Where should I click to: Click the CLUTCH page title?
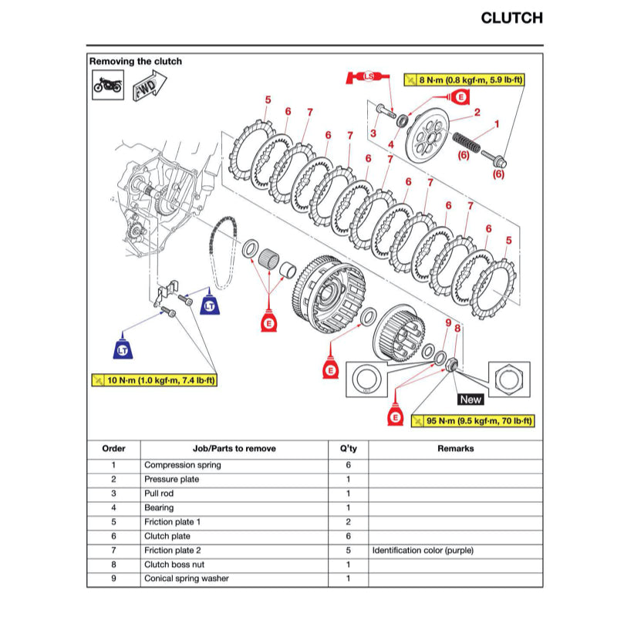511,18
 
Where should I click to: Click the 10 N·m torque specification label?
153,379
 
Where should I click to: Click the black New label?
470,400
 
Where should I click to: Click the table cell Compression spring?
182,465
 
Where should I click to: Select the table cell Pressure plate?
171,479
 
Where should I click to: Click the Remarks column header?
455,448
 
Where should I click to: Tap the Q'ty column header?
349,448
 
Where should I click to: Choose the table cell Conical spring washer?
186,578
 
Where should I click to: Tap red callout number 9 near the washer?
447,322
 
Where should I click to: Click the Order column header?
113,448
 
